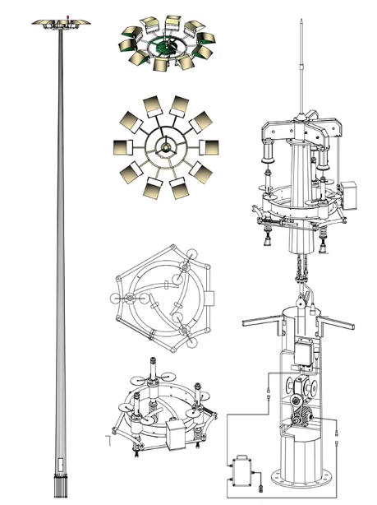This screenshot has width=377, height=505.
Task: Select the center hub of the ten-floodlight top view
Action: [x=163, y=147]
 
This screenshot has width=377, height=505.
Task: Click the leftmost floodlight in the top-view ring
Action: [x=121, y=148]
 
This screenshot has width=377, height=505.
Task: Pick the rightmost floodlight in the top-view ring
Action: [x=207, y=148]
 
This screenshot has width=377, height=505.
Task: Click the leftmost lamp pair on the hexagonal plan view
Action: [x=124, y=299]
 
